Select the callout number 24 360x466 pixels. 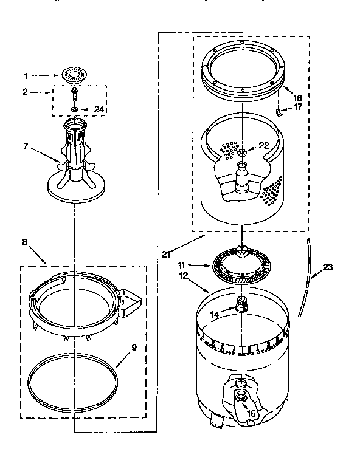coord(100,109)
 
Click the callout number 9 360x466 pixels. coord(134,348)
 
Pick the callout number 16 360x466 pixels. coord(297,97)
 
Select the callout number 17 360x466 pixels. coord(297,108)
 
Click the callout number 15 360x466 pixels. coord(250,413)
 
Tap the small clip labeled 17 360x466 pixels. coord(280,111)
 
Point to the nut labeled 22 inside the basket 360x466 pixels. coord(243,152)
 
